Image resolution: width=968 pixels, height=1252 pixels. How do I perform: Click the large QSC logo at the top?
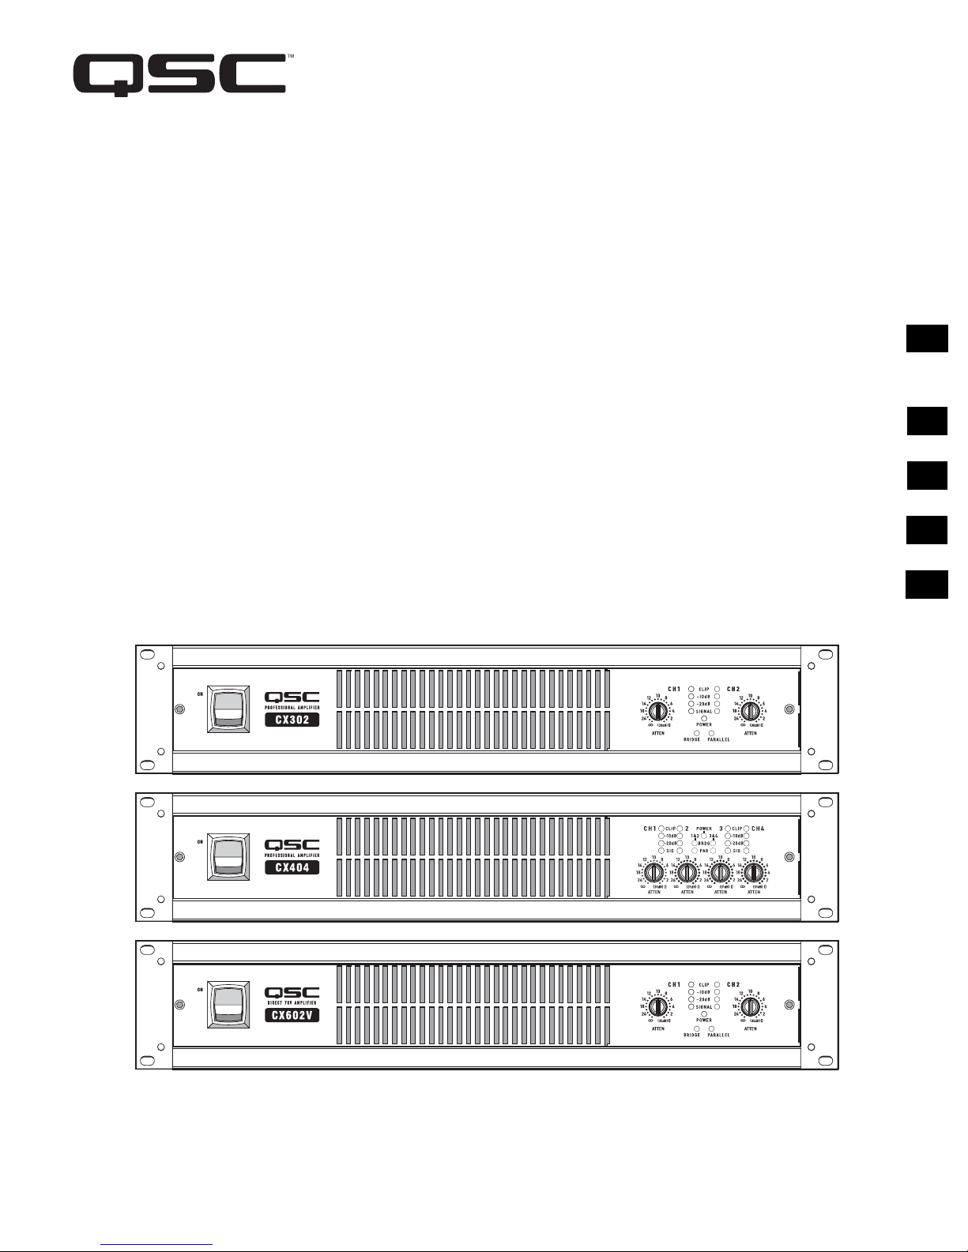pyautogui.click(x=179, y=75)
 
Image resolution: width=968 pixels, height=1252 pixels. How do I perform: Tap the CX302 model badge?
pyautogui.click(x=292, y=720)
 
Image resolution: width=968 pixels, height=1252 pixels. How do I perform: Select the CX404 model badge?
pyautogui.click(x=292, y=867)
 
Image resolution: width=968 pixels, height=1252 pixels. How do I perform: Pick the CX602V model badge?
pyautogui.click(x=292, y=1016)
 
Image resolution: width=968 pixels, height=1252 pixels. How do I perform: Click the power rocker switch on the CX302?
pyautogui.click(x=228, y=709)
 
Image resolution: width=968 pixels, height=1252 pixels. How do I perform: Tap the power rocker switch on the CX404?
pyautogui.click(x=228, y=856)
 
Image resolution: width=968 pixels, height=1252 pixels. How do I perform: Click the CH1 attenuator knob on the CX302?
pyautogui.click(x=657, y=711)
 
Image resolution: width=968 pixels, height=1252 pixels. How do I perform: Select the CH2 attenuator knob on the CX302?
pyautogui.click(x=750, y=711)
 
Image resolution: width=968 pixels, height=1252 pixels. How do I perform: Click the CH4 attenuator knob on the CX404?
pyautogui.click(x=754, y=872)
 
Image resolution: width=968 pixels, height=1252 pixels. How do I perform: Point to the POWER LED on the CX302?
pyautogui.click(x=704, y=718)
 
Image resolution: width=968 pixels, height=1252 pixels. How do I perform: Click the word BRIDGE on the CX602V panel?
pyautogui.click(x=691, y=1035)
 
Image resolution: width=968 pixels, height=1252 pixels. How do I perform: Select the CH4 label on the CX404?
pyautogui.click(x=758, y=829)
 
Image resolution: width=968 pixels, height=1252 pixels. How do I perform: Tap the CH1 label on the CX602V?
pyautogui.click(x=674, y=984)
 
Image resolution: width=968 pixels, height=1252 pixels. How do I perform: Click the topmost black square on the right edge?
pyautogui.click(x=926, y=338)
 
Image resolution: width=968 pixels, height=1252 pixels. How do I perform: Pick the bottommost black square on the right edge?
pyautogui.click(x=926, y=585)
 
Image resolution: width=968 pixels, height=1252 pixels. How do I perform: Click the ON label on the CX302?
pyautogui.click(x=200, y=695)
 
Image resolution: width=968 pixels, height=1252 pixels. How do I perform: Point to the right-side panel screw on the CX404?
pyautogui.click(x=789, y=856)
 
